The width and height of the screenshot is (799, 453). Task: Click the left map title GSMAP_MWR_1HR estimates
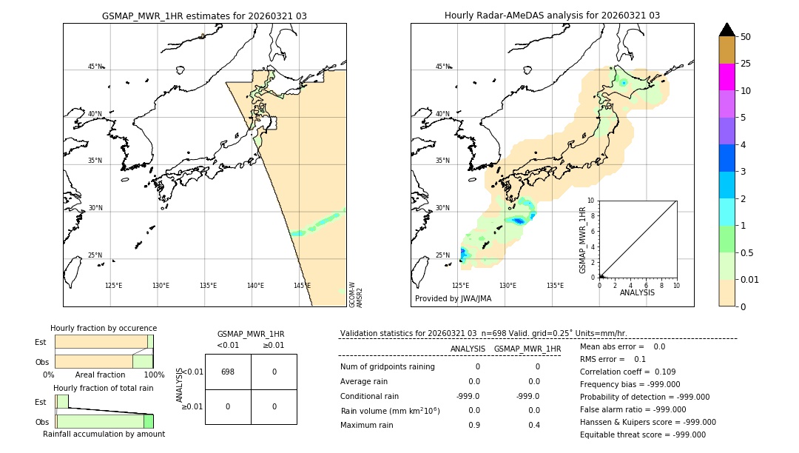(204, 16)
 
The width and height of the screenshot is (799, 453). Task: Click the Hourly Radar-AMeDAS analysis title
(552, 16)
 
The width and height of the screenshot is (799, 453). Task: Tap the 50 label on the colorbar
(746, 37)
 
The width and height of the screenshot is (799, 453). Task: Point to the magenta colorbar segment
(726, 77)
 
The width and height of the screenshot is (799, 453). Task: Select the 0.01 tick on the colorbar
(750, 280)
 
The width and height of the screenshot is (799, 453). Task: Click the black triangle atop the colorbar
(726, 30)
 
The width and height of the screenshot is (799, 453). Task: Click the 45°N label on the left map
(95, 67)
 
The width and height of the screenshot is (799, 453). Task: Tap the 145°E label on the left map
(302, 286)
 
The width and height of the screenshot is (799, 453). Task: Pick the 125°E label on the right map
(460, 286)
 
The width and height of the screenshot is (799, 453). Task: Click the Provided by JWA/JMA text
(453, 299)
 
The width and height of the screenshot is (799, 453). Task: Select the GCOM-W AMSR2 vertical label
(356, 294)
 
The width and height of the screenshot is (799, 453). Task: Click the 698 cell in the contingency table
(228, 372)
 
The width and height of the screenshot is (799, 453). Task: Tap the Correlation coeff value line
(627, 372)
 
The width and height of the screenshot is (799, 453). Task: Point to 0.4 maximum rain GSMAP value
(533, 425)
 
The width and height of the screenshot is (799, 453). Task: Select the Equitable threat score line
(642, 434)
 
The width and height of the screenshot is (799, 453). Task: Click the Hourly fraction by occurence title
(104, 328)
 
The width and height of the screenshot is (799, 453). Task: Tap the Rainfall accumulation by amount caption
(104, 434)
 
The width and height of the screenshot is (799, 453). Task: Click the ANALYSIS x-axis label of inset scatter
(637, 292)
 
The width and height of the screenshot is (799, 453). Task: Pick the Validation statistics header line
(483, 334)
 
